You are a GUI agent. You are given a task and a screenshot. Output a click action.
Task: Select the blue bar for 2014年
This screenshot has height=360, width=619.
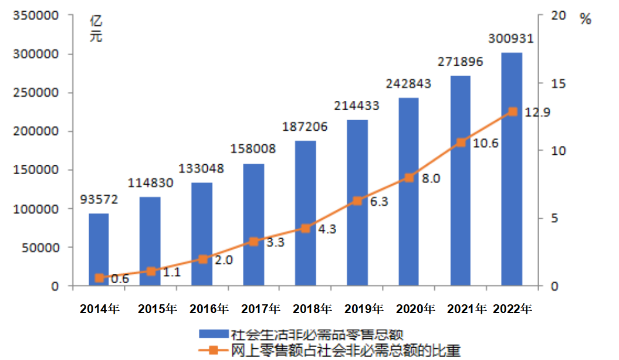point(99,249)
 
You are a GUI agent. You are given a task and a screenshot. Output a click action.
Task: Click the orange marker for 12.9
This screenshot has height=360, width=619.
point(512,111)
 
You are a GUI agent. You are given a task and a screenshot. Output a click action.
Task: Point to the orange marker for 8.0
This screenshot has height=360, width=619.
point(410,178)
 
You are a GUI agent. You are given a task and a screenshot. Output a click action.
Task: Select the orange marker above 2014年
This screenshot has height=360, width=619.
point(99,278)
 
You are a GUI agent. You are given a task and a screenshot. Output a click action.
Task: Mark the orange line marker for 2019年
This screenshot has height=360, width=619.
point(357,201)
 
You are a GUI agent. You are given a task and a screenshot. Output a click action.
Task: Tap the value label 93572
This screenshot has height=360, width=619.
point(99,199)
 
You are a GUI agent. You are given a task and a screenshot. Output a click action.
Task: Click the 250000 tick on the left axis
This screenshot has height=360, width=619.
point(36,93)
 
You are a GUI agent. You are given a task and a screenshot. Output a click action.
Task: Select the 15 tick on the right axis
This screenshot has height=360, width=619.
point(558,83)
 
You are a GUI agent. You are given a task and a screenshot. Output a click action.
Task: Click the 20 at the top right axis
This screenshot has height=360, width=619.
point(558,16)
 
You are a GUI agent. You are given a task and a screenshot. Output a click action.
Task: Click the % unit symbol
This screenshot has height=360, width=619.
point(586,19)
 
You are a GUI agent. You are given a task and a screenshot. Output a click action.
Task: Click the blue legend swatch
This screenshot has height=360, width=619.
point(212,334)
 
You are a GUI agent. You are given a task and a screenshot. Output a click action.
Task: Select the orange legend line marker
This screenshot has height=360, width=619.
point(213,350)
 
